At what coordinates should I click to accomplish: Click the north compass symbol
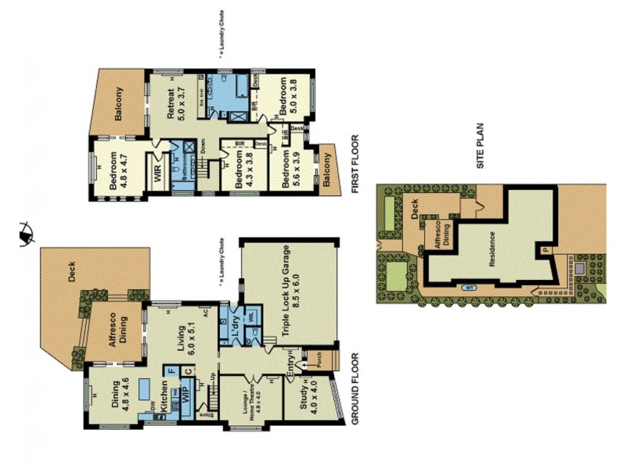click(x=25, y=231)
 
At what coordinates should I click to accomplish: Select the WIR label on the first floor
click(x=158, y=171)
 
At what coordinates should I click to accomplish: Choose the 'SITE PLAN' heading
click(x=482, y=149)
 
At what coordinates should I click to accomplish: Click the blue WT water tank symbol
click(x=469, y=287)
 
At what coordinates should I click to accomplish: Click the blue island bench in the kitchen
click(x=145, y=388)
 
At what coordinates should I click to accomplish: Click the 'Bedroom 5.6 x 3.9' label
click(x=290, y=169)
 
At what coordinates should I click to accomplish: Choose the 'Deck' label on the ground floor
click(x=71, y=271)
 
